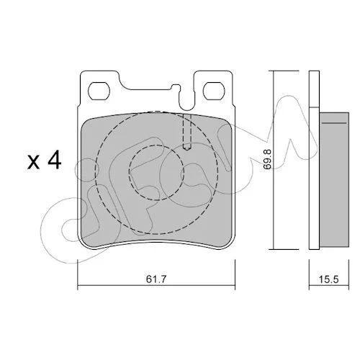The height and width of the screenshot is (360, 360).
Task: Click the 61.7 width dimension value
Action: pos(156,279)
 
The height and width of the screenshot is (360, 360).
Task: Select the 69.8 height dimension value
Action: pos(267,160)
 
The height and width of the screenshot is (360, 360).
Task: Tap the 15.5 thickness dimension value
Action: pos(328,279)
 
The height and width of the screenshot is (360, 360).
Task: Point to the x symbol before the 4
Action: pos(33,162)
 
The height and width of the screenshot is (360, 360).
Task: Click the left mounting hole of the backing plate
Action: pos(99,91)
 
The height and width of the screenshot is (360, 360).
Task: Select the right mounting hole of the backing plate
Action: pos(214,91)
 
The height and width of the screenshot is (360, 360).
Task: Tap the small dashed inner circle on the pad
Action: pos(156,173)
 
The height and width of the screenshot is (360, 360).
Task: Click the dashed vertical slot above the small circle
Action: pos(187,132)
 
